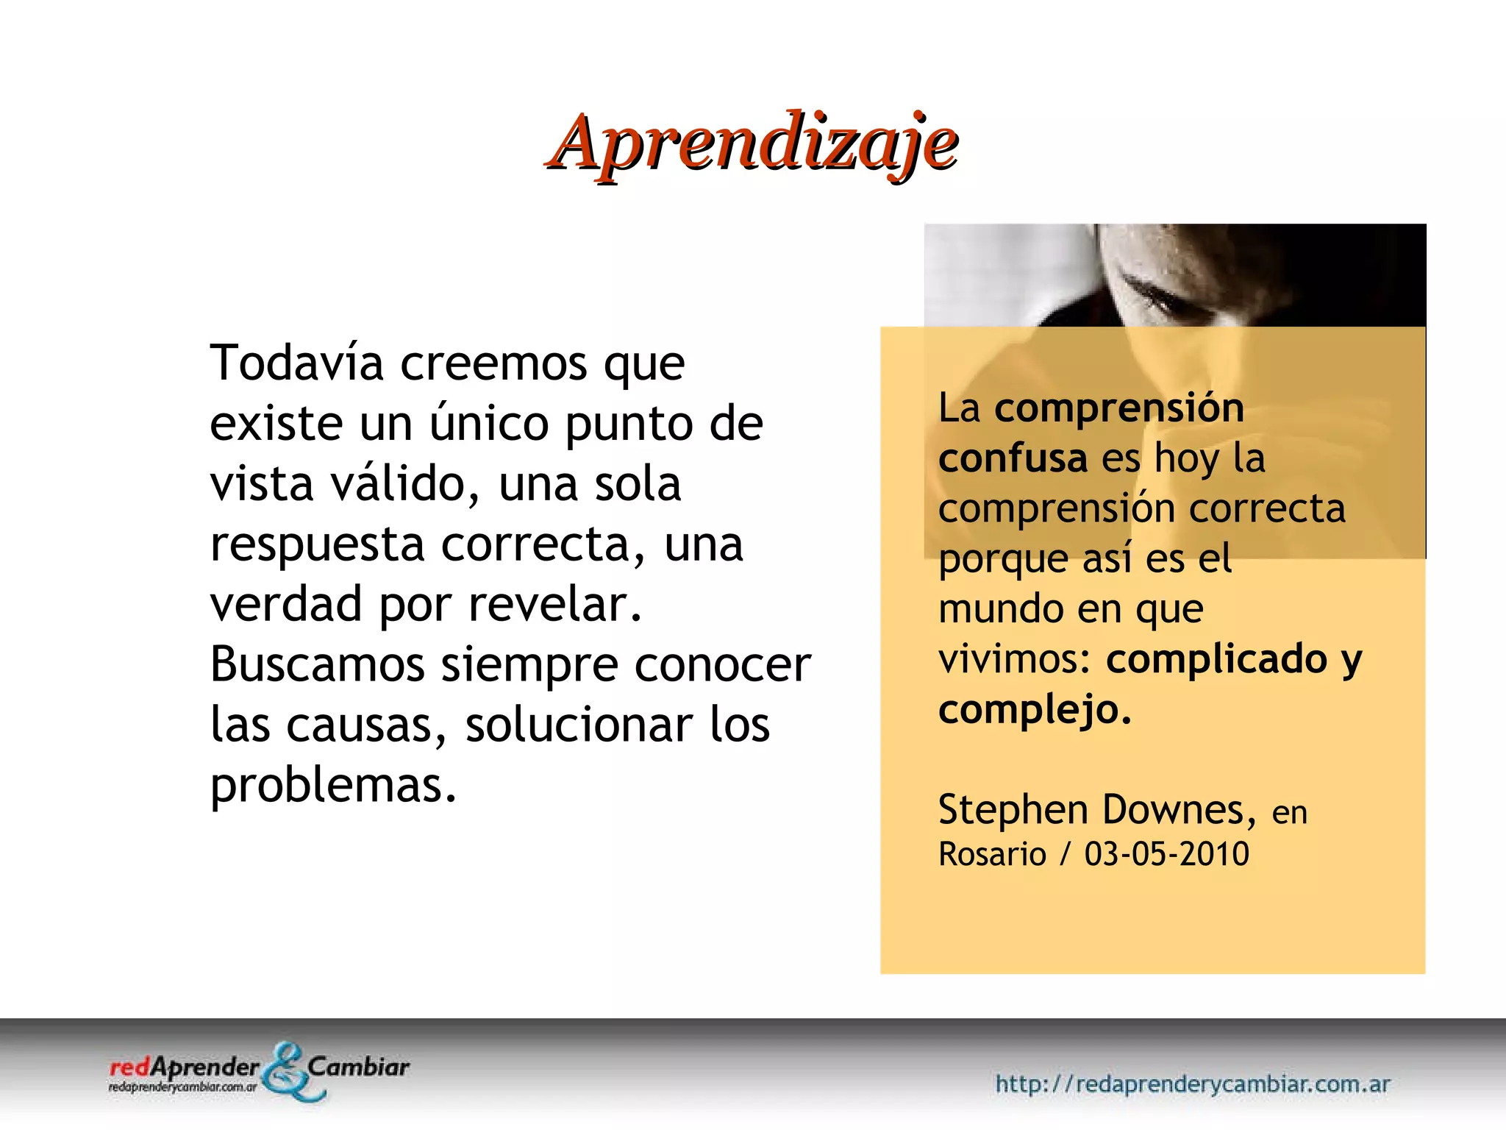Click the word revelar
(x=555, y=604)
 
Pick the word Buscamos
(x=317, y=664)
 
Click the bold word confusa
(x=1012, y=458)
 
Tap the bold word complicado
(x=1217, y=658)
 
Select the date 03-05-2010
(x=1166, y=854)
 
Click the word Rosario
(x=992, y=854)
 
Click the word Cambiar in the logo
(x=358, y=1067)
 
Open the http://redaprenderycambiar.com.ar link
(x=1192, y=1084)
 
